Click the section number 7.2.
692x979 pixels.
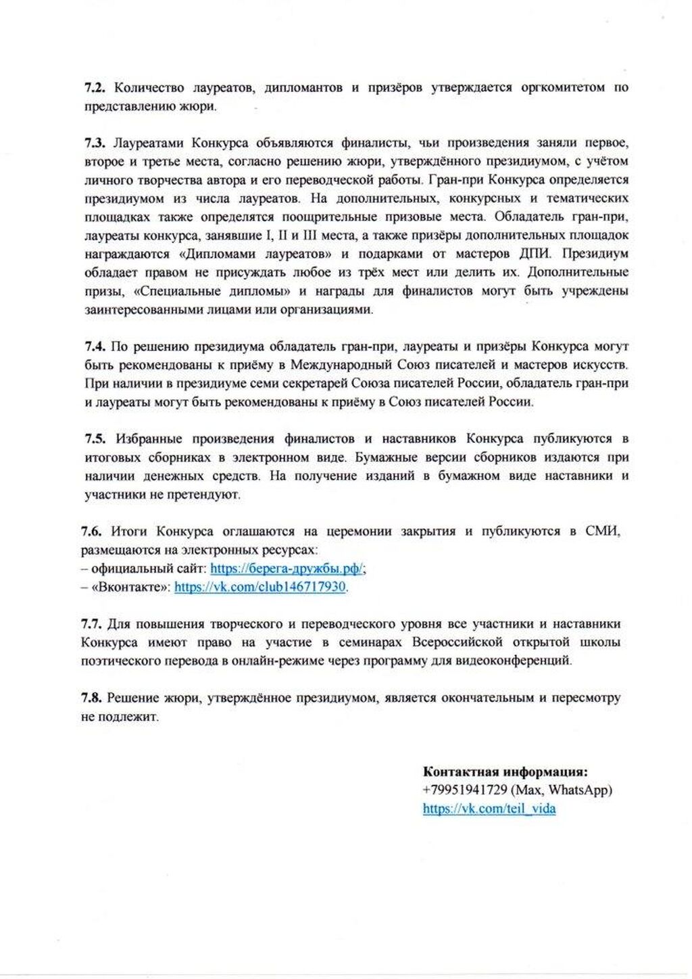95,88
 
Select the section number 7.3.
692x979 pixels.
95,143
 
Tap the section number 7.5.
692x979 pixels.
95,439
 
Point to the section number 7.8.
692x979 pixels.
92,698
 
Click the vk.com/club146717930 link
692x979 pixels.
260,587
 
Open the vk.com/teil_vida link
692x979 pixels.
489,809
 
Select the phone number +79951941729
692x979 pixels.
465,790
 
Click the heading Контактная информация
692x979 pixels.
505,771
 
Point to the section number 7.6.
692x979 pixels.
92,531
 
